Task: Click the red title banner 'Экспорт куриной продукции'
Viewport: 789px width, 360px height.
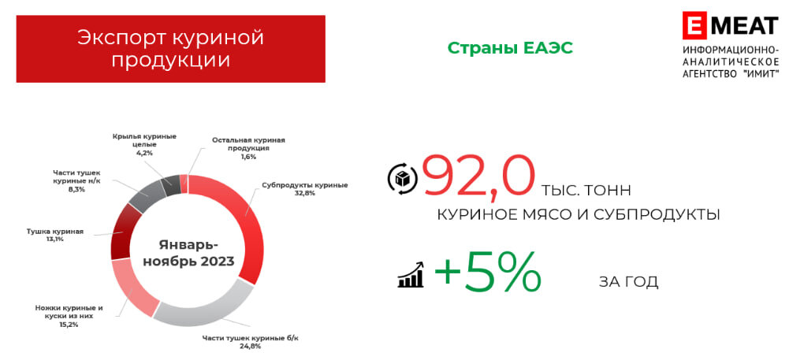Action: click(170, 49)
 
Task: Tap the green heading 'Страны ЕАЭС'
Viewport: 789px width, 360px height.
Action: click(509, 48)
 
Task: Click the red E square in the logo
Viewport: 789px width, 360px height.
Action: click(695, 25)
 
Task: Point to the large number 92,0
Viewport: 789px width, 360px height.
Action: click(478, 175)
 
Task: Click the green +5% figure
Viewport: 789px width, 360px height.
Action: click(487, 273)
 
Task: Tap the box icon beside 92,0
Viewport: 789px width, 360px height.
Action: click(401, 179)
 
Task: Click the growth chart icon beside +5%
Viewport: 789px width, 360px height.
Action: click(411, 275)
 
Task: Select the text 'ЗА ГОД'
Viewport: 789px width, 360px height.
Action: click(627, 281)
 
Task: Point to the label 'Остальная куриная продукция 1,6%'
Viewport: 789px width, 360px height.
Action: click(247, 148)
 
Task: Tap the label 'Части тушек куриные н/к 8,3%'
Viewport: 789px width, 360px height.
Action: click(76, 180)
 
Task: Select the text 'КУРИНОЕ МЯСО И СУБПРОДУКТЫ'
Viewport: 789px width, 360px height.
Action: click(579, 213)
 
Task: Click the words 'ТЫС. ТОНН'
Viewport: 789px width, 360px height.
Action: click(586, 191)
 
